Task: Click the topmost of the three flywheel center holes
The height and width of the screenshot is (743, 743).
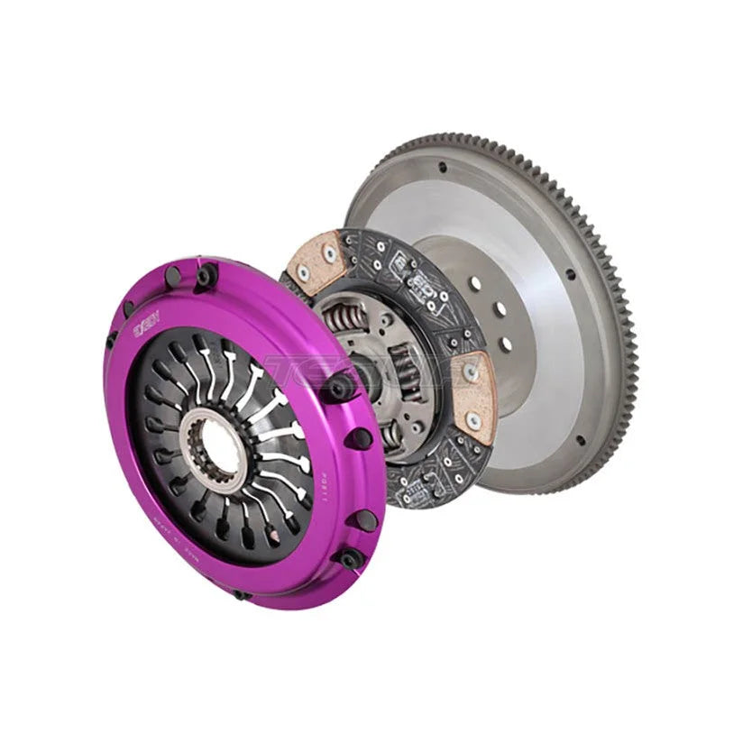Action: click(475, 283)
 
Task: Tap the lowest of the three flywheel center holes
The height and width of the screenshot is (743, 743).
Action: click(506, 344)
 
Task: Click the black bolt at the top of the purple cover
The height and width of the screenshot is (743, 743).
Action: click(204, 273)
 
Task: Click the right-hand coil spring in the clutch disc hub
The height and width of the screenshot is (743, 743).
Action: click(405, 379)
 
